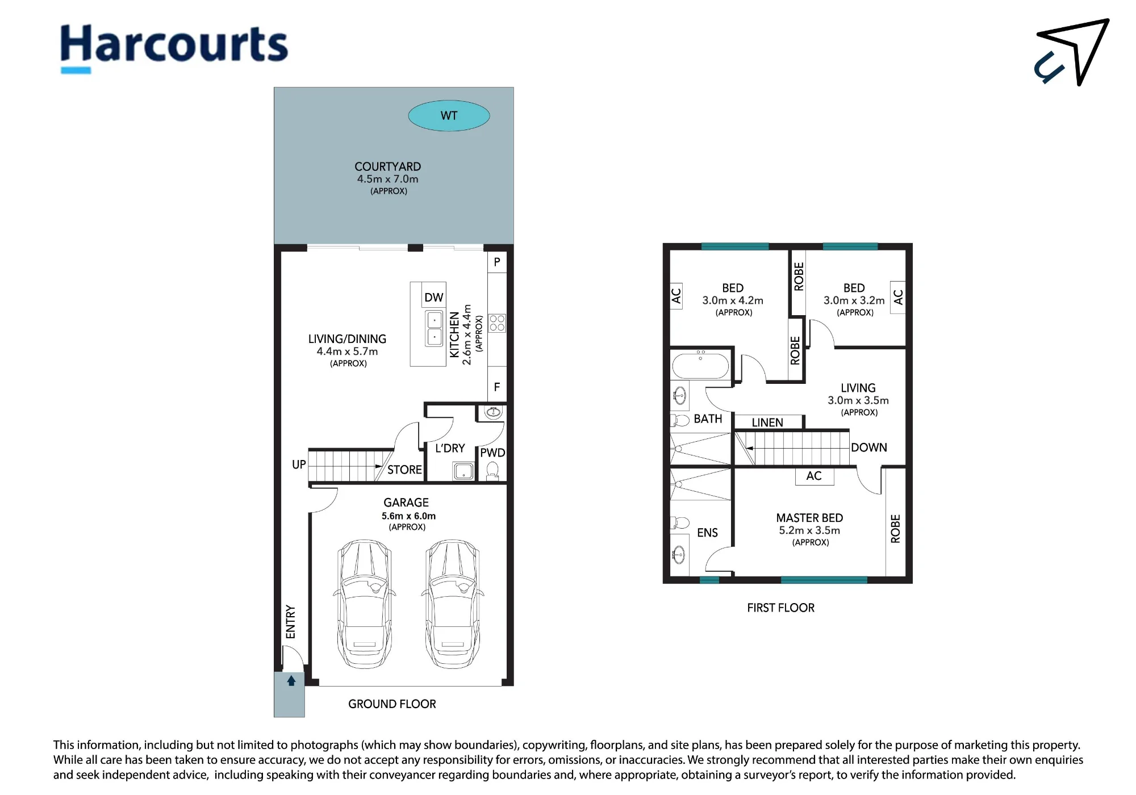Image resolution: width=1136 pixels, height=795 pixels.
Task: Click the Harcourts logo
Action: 174,48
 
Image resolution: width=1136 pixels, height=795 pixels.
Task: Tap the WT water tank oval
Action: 449,116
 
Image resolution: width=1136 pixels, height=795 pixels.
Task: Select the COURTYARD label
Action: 388,166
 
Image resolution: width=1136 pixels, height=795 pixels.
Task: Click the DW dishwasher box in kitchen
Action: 434,297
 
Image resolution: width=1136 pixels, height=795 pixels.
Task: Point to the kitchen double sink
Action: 435,329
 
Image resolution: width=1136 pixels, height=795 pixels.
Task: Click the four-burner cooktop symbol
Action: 497,323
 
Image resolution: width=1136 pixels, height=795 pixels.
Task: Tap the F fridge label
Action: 497,387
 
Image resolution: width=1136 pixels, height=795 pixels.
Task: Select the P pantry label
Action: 497,262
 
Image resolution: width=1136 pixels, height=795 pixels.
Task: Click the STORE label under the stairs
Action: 404,470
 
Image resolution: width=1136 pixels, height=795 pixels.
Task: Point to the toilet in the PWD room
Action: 492,471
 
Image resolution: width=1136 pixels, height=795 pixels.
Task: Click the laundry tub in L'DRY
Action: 463,471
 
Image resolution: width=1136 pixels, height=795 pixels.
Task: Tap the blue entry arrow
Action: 291,680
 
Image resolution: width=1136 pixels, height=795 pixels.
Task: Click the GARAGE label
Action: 406,503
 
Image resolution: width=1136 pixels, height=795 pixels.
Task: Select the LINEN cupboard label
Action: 767,422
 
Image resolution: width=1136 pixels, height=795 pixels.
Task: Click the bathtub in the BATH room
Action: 700,365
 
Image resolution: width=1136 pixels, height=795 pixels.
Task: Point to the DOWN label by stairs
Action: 869,447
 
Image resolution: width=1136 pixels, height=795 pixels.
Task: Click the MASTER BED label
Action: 809,518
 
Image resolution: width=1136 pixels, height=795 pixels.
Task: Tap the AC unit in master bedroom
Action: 814,476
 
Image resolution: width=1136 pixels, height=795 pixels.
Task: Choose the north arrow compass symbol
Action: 1072,52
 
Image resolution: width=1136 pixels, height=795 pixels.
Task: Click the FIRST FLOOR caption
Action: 780,608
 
